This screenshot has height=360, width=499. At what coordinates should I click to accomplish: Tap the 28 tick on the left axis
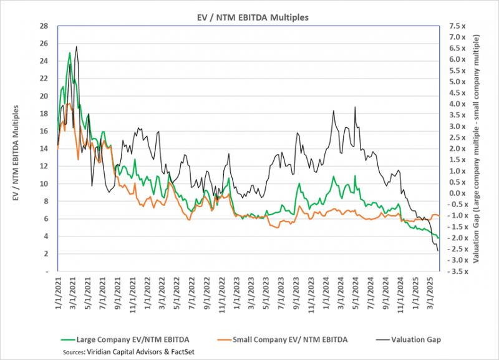(44, 26)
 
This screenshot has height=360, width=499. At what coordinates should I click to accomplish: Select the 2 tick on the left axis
(46, 254)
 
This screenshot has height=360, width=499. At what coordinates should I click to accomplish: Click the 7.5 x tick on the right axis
(455, 26)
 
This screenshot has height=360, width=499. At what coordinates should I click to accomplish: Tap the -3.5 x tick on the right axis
(457, 271)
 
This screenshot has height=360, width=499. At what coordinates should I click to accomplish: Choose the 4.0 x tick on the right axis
(455, 104)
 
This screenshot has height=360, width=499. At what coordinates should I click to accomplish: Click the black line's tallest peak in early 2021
(76, 46)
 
